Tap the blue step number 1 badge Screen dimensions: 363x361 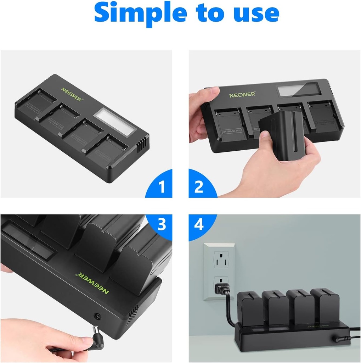coord(162,186)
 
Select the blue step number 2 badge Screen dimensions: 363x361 coord(199,186)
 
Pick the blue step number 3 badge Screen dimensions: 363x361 coord(162,225)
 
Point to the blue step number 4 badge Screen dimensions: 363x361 coord(199,225)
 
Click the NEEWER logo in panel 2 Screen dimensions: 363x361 coord(242,95)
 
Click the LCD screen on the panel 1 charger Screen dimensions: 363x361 coord(114,122)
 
